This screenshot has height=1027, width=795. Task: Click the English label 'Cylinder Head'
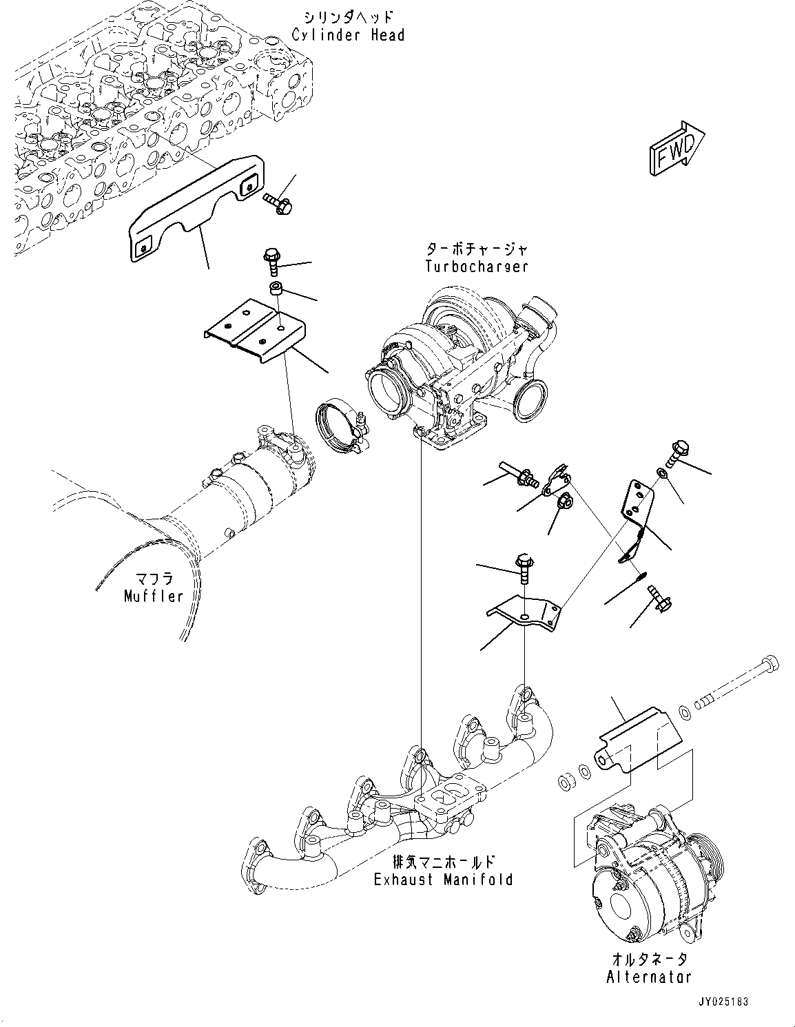click(x=348, y=34)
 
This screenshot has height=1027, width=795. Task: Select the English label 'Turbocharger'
click(x=476, y=266)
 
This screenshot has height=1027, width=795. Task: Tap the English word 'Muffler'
click(x=154, y=596)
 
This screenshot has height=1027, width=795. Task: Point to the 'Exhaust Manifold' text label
click(x=443, y=879)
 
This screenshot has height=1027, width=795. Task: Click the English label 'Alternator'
click(x=648, y=976)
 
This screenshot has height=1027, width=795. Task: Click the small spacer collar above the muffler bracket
click(x=277, y=287)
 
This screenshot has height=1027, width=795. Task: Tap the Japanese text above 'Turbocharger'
click(x=476, y=249)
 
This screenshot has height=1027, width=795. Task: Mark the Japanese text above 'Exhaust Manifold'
click(x=443, y=862)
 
